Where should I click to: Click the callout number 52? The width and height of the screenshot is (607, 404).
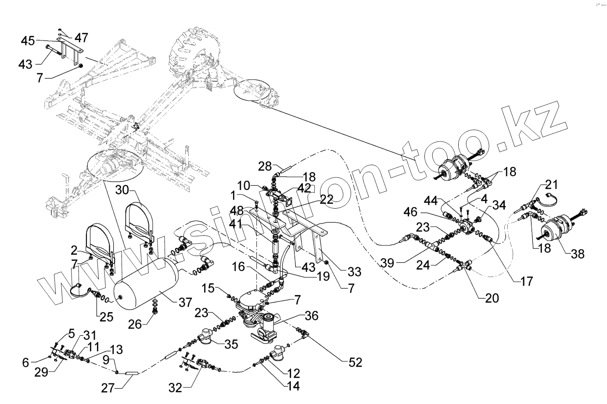356,362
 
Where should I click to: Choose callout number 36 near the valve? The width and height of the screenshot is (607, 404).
312,316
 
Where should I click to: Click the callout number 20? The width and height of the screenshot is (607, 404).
492,298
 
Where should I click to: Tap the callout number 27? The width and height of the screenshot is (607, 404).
108,388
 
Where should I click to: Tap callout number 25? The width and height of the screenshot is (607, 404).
106,316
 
